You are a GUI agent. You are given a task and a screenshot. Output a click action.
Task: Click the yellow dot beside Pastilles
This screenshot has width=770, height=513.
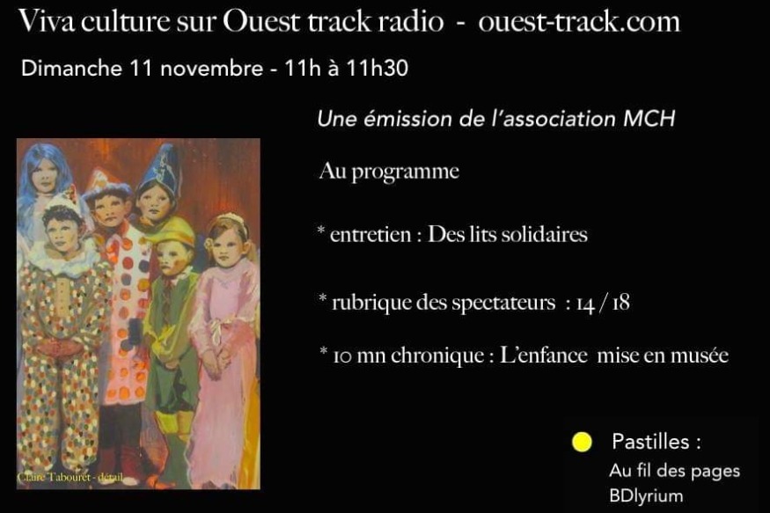pyautogui.click(x=582, y=442)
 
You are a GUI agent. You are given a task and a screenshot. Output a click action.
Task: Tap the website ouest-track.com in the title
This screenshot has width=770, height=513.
pyautogui.click(x=579, y=22)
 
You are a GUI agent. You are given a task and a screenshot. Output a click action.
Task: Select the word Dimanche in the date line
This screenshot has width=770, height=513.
pyautogui.click(x=71, y=69)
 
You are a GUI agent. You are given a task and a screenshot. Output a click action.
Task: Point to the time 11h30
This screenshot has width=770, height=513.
pyautogui.click(x=378, y=69)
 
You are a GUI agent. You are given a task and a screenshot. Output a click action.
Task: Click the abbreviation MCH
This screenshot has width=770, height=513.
pyautogui.click(x=649, y=118)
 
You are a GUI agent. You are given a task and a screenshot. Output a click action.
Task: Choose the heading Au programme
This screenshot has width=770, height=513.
pyautogui.click(x=389, y=172)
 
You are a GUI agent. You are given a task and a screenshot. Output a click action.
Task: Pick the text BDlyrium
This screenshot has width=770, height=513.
pyautogui.click(x=646, y=495)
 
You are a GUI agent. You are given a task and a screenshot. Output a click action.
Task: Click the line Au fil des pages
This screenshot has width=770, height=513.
pyautogui.click(x=674, y=471)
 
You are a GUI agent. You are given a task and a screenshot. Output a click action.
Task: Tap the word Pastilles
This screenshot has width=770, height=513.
pyautogui.click(x=650, y=442)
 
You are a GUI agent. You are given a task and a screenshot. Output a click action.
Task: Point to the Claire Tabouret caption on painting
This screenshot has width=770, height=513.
pyautogui.click(x=70, y=477)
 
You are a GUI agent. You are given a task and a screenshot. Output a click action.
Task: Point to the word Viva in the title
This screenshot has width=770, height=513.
pyautogui.click(x=47, y=22)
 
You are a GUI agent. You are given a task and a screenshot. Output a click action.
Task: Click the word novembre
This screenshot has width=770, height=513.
pyautogui.click(x=212, y=69)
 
